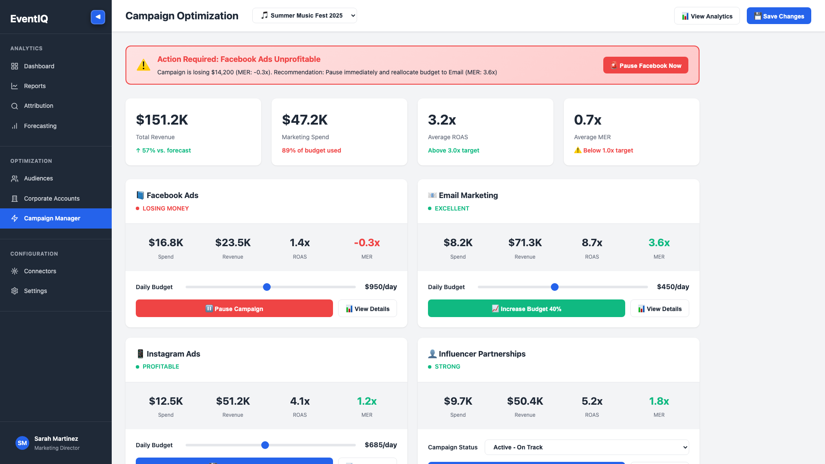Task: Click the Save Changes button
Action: (x=779, y=16)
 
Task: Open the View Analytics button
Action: (x=707, y=16)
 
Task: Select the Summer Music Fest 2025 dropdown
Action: (x=304, y=15)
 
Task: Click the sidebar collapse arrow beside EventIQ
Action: (x=98, y=17)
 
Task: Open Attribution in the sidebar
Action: (x=38, y=106)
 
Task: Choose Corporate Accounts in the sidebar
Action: (x=52, y=198)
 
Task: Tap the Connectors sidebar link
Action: (x=40, y=271)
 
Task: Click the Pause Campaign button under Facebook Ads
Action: (x=234, y=308)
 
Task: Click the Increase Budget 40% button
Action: (x=526, y=308)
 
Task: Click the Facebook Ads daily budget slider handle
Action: (x=267, y=287)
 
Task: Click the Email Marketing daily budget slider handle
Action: (x=555, y=287)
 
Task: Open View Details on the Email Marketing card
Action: (x=660, y=308)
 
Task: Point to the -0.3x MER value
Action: (x=367, y=243)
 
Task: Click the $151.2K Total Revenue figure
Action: (x=162, y=120)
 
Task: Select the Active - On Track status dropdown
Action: (x=587, y=447)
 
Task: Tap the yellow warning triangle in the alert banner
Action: (x=144, y=65)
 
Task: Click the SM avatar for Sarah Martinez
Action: (x=22, y=443)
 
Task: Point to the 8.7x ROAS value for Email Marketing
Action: (x=592, y=243)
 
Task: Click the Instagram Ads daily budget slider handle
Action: (x=265, y=445)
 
